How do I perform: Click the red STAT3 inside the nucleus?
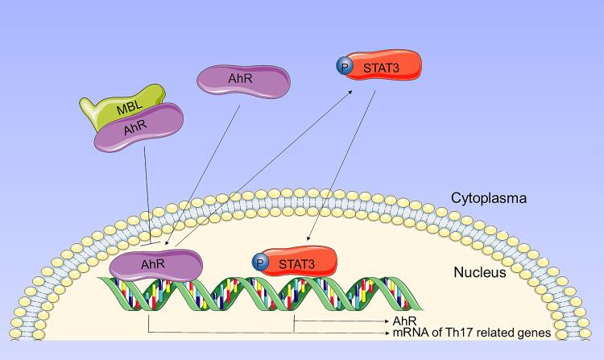[298, 263]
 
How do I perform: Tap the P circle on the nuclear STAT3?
[259, 262]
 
